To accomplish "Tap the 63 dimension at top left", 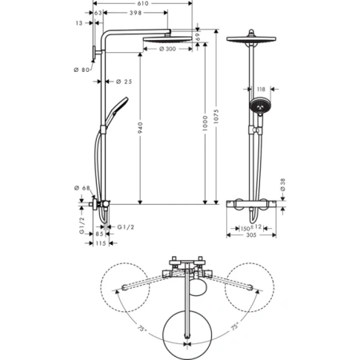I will (x=98, y=14).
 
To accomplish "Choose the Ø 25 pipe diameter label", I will (x=122, y=82).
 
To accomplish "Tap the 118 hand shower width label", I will (x=261, y=90).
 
